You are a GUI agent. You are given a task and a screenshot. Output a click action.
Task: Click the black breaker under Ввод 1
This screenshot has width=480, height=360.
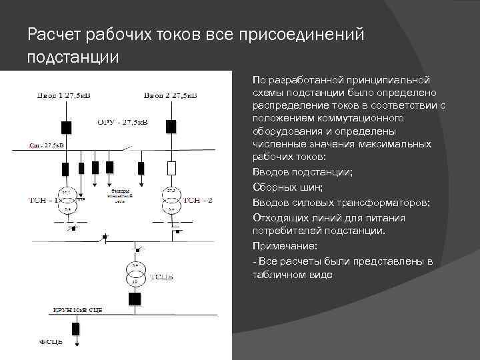pyautogui.click(x=66, y=127)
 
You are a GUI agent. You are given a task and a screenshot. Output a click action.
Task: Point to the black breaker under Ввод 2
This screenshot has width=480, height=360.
pyautogui.click(x=171, y=126)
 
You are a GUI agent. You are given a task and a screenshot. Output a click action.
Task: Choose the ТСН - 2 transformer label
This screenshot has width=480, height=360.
pyautogui.click(x=198, y=199)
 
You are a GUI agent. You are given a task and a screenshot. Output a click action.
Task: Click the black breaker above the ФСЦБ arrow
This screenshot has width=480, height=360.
pyautogui.click(x=75, y=328)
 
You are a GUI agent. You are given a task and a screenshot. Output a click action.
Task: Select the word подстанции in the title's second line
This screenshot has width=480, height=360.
pyautogui.click(x=73, y=57)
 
